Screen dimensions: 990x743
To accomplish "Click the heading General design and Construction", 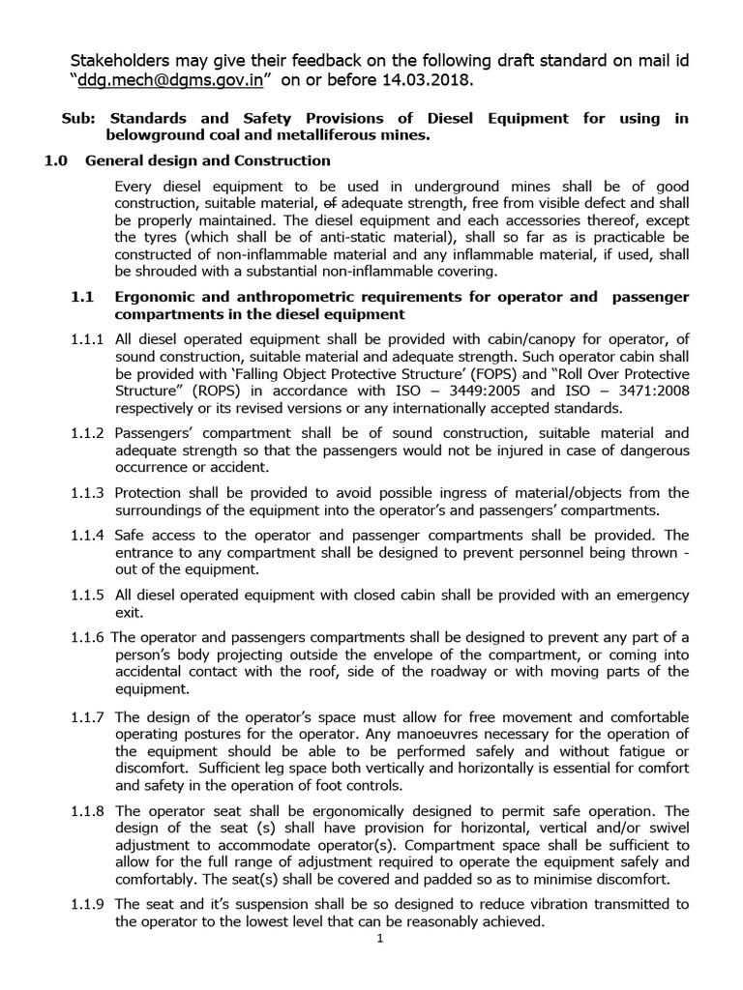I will (x=208, y=160).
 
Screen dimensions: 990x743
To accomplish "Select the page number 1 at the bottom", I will (x=381, y=938).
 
